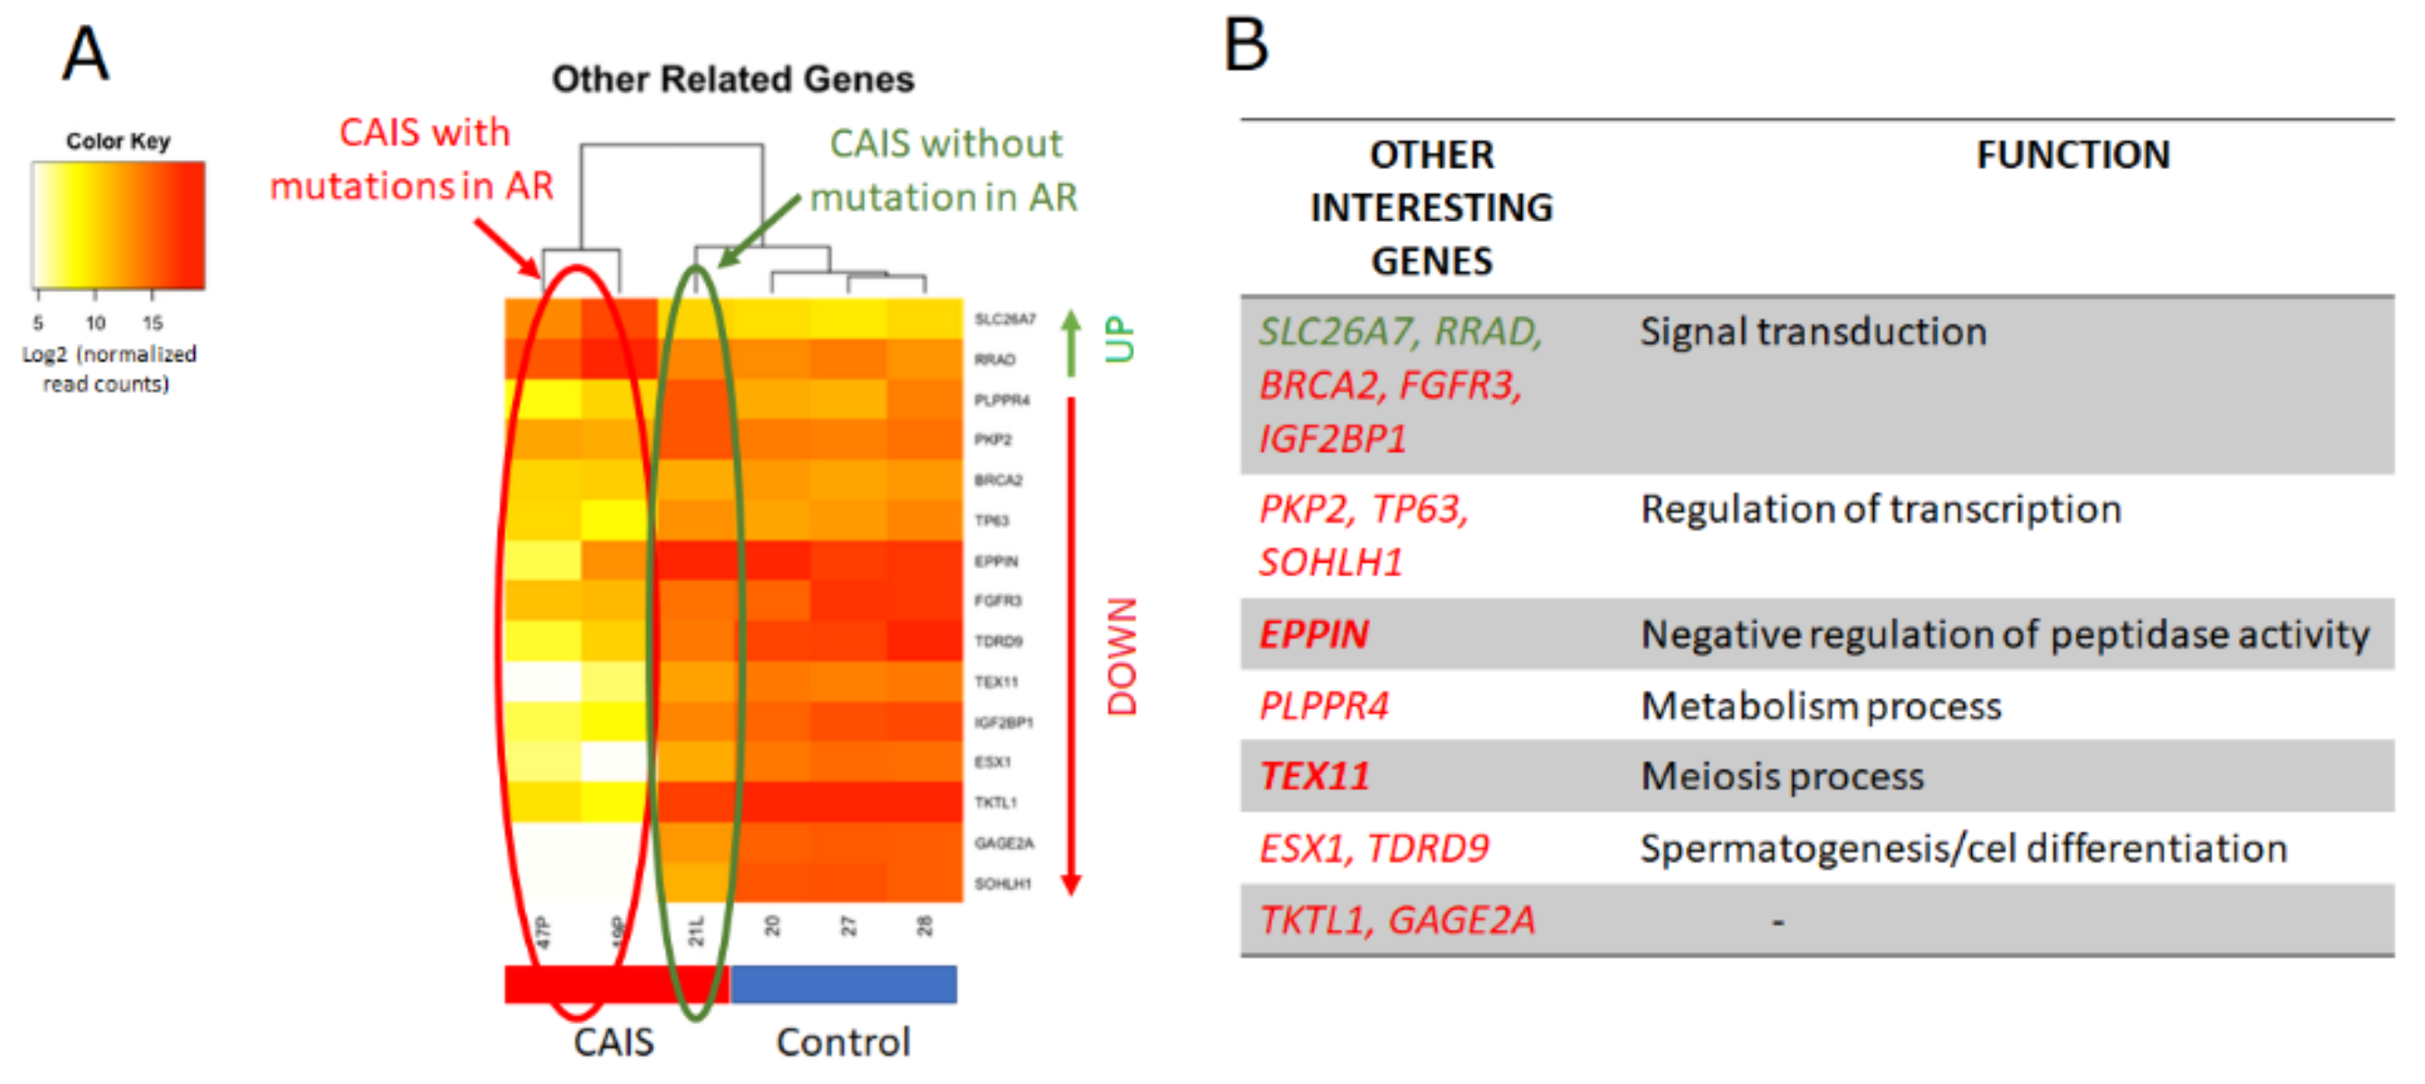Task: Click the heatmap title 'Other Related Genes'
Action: [x=732, y=80]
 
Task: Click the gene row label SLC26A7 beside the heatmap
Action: [x=1005, y=319]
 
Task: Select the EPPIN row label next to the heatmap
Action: [x=996, y=561]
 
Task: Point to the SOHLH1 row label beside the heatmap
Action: [x=1003, y=883]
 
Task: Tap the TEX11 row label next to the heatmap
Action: [x=996, y=682]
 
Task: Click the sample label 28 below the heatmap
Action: [x=924, y=926]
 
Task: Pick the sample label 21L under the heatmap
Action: [x=696, y=930]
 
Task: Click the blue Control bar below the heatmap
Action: [x=844, y=983]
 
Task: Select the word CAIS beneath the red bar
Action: [x=614, y=1042]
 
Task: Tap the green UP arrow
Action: [x=1070, y=344]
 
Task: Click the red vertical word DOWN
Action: [x=1121, y=657]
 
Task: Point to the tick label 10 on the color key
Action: [x=95, y=323]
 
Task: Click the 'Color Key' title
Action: [x=117, y=142]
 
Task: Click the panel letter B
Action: [x=1246, y=45]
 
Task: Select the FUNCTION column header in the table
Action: [x=2072, y=154]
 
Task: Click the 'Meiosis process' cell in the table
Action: [x=1782, y=777]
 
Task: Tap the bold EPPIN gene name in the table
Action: [x=1313, y=634]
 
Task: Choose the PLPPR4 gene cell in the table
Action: [x=1323, y=707]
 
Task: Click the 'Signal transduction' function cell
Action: [x=1813, y=331]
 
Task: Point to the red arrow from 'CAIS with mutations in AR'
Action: [x=508, y=249]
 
